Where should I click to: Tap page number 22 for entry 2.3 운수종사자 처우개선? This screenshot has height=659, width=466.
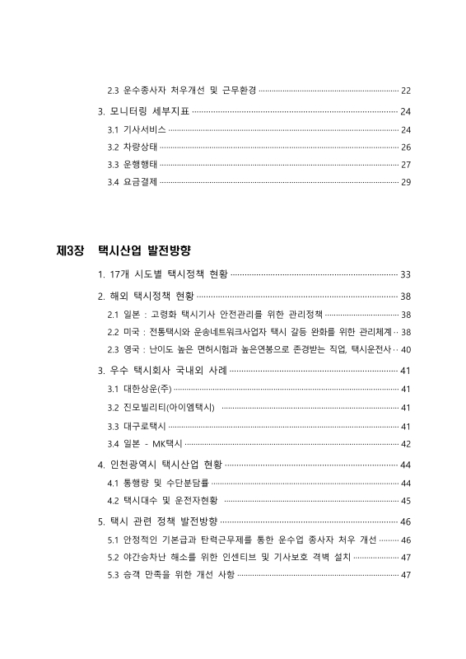pyautogui.click(x=405, y=89)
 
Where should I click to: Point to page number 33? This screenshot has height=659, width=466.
pyautogui.click(x=405, y=273)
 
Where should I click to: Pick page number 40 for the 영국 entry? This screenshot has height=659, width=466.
pyautogui.click(x=405, y=349)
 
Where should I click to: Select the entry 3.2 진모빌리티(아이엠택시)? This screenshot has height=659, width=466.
pyautogui.click(x=161, y=407)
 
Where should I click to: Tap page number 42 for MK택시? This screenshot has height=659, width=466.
pyautogui.click(x=405, y=443)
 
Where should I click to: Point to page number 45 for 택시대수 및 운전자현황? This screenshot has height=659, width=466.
pyautogui.click(x=405, y=500)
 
